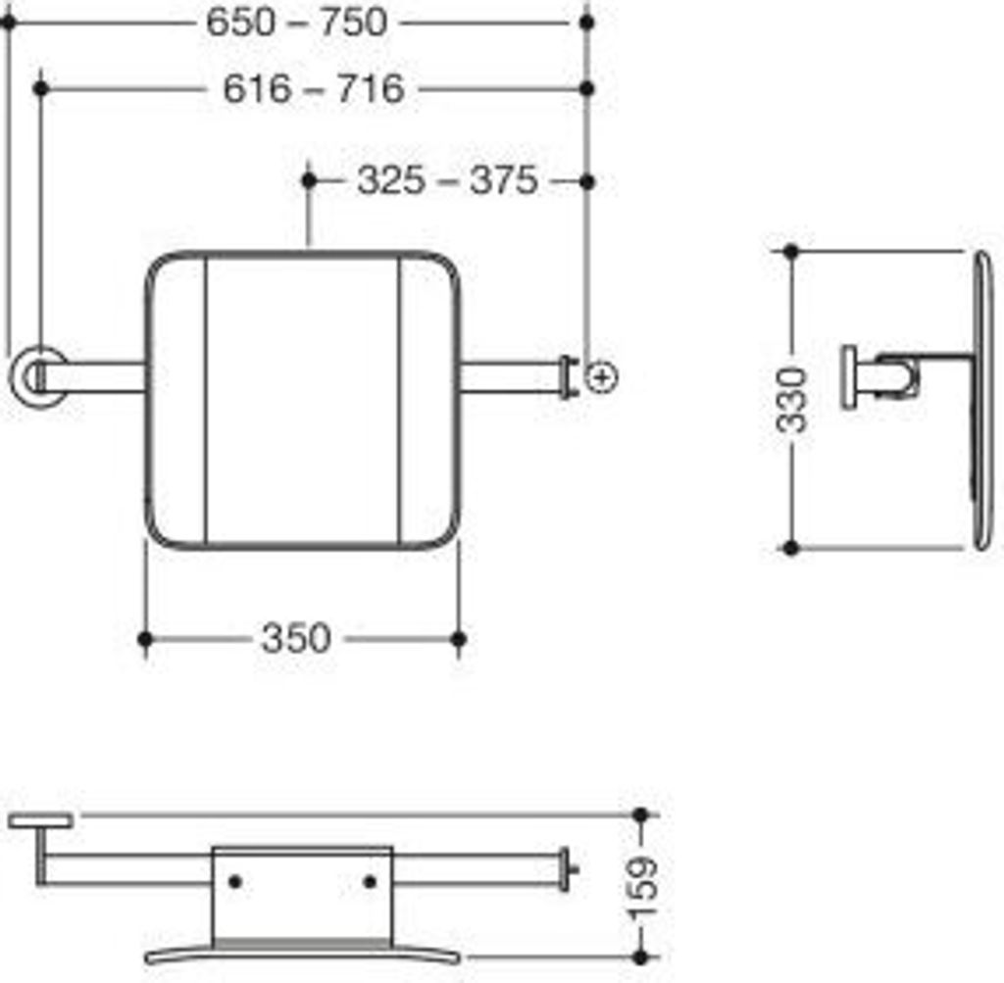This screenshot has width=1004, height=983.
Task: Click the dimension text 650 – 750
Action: (x=297, y=22)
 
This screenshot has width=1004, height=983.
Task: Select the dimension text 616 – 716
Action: (x=313, y=89)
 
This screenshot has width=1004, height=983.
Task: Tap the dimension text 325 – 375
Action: (x=447, y=180)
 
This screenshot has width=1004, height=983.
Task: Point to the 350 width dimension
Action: (x=295, y=639)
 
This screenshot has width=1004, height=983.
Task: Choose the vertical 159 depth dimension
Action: (x=643, y=886)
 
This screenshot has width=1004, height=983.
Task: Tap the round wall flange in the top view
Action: (x=37, y=375)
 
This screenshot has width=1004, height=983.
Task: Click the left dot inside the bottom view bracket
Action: (x=234, y=882)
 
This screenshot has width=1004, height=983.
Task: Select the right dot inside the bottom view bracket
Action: (x=370, y=882)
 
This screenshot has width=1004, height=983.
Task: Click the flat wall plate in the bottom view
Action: (x=41, y=819)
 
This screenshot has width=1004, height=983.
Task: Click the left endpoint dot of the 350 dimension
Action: (x=145, y=639)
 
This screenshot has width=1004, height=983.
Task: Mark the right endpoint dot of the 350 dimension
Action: (x=458, y=639)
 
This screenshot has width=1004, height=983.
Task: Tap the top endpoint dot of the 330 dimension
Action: (x=791, y=252)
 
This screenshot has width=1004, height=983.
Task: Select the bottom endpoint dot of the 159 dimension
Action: (x=641, y=956)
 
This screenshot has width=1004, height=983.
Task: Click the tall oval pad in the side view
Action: (x=982, y=400)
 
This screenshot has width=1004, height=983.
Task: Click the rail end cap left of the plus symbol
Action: (x=567, y=377)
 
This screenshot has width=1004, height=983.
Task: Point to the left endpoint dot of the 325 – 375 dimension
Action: (x=309, y=180)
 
